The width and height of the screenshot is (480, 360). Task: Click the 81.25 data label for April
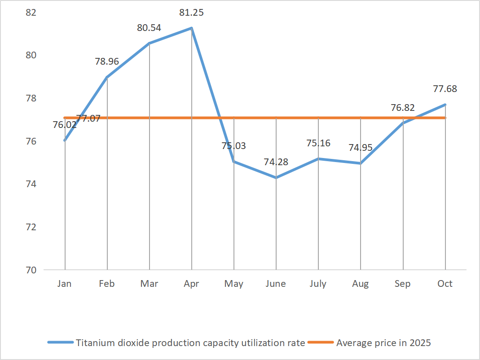coord(191,13)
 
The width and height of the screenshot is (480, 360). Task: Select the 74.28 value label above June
coord(276,162)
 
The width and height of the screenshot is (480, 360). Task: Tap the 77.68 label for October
coord(445,89)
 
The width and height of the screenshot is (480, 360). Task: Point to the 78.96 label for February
coord(107,61)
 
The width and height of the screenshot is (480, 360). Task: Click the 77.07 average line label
coord(88,119)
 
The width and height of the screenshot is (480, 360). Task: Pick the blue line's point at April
coord(192,28)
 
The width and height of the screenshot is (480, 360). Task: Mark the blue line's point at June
coord(276,178)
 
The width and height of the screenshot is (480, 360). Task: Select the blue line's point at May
coord(234,162)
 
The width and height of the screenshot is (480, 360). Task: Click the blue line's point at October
coord(445,105)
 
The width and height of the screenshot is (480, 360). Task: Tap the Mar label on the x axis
coord(149,284)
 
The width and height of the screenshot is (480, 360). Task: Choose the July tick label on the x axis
coord(318,284)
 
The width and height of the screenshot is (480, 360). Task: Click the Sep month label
coord(403,284)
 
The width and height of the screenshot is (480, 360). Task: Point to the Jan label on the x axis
coord(65,284)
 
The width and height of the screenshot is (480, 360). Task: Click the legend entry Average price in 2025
coord(383,343)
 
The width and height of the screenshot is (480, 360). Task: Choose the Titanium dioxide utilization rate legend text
coord(190,343)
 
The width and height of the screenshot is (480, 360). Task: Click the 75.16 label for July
coord(318,143)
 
